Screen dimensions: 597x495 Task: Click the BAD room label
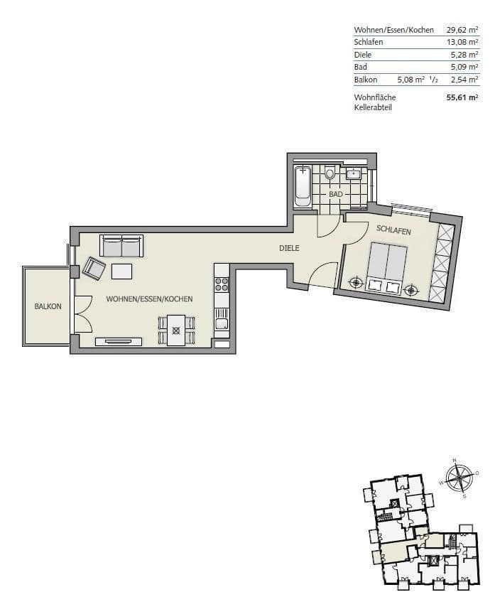[336, 193]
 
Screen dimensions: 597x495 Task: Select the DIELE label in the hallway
[289, 249]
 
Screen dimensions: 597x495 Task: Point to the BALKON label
[48, 306]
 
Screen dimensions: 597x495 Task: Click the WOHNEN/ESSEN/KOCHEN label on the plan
[150, 300]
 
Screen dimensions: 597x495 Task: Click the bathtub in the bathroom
[303, 184]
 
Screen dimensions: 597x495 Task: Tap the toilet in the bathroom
[330, 173]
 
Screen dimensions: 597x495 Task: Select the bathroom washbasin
[354, 173]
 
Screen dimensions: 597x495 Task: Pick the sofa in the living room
[121, 247]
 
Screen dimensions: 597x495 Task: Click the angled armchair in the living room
[94, 269]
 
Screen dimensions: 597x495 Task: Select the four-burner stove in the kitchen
[222, 282]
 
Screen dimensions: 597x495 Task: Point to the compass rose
[457, 478]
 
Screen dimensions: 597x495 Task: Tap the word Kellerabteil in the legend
[373, 107]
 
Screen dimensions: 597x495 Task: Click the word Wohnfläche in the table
[375, 97]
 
